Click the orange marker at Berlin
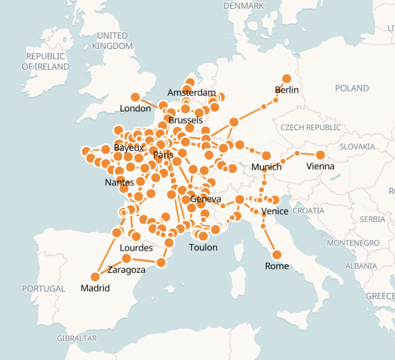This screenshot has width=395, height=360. coord(287,79)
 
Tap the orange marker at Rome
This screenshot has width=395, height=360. coord(277,255)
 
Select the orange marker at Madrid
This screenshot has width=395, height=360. coord(95,277)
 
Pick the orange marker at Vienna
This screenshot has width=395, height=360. coord(320,155)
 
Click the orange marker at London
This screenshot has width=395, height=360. coord(135,97)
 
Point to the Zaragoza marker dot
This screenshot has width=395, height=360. coord(126,258)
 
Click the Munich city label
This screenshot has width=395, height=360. coord(266,167)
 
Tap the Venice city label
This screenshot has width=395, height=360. coord(275,211)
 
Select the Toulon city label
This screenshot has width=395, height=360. coord(203,247)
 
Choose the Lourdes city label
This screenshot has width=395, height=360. coord(136,248)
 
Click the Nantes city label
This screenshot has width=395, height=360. coord(119,183)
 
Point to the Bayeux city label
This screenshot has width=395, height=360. coord(129,148)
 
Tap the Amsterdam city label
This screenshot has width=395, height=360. coord(192,93)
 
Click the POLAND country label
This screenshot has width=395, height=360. coord(352,88)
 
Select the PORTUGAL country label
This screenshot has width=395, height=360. coord(44,289)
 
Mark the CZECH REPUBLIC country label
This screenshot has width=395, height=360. coord(310,127)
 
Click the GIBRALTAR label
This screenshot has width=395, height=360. coord(77,338)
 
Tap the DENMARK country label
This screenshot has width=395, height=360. coord(244,6)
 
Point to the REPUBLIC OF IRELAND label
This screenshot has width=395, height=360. coord(46,61)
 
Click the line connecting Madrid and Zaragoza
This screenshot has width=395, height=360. coord(111,267)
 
